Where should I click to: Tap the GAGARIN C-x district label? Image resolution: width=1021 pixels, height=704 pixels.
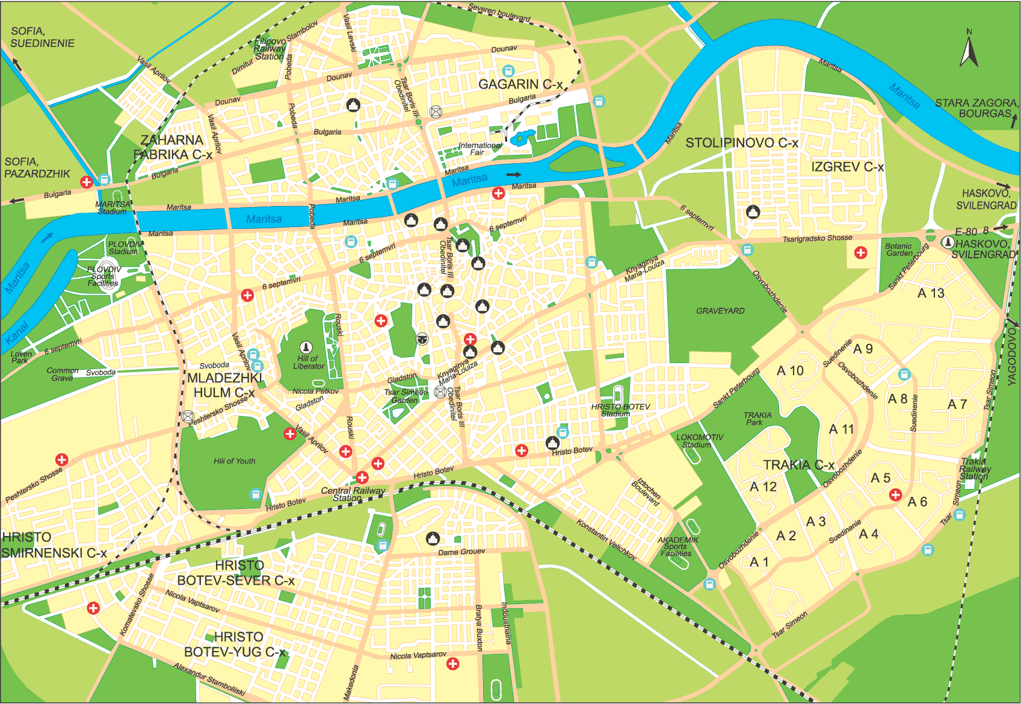[x=520, y=85]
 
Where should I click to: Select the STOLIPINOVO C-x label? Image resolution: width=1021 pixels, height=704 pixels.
[x=742, y=143]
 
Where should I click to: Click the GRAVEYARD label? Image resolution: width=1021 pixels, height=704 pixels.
[x=720, y=311]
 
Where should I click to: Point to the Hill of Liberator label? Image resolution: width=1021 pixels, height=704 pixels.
[x=308, y=362]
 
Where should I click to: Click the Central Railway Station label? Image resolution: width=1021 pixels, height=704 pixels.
[x=353, y=494]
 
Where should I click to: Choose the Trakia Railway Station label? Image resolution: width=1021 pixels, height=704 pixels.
[x=975, y=469]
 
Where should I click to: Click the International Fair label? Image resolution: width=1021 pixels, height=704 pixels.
[x=480, y=149]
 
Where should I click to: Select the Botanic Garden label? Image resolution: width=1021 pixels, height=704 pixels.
[x=898, y=249]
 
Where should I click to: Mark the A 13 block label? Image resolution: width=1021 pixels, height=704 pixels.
[x=931, y=293]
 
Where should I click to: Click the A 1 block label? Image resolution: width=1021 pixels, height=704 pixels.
[x=759, y=562]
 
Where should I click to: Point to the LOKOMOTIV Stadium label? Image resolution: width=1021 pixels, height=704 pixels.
[x=699, y=441]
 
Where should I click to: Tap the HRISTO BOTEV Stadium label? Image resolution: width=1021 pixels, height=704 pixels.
[x=620, y=410]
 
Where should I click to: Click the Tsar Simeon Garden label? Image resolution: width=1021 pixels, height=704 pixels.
[x=406, y=396]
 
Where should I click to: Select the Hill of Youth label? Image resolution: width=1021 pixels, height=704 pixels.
[x=234, y=461]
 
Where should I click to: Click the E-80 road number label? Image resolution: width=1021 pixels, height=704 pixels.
[x=966, y=232]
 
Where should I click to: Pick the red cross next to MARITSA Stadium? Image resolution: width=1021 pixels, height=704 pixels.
[x=87, y=182]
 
